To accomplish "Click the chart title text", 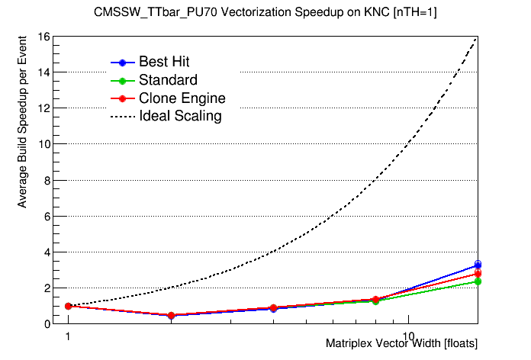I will [265, 13].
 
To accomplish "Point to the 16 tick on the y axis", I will [44, 36].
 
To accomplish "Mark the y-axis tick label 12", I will [44, 108].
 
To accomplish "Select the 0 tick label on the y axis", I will [47, 324].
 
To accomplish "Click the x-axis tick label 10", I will [408, 335].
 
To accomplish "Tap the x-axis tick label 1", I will [68, 335].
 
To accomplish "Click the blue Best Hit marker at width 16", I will [478, 265].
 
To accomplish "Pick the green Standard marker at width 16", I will [478, 281].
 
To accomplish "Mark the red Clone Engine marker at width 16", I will [478, 273].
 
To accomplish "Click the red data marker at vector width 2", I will [171, 315].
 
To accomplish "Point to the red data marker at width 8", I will [375, 300].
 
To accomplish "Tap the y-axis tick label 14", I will [44, 72].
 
